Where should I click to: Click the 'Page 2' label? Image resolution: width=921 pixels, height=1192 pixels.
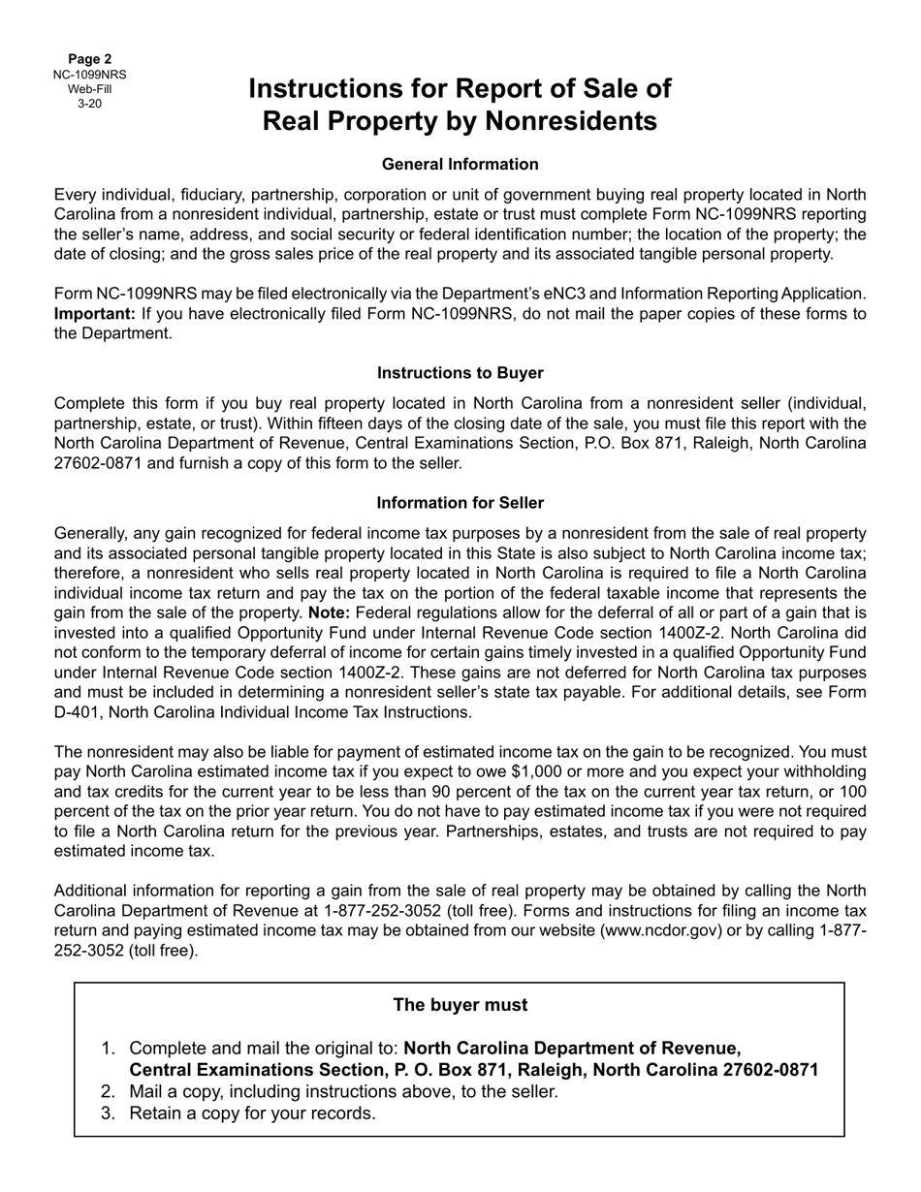pyautogui.click(x=89, y=59)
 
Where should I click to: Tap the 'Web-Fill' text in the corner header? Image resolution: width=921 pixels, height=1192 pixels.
pyautogui.click(x=89, y=89)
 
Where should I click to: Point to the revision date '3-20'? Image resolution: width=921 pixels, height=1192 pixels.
pyautogui.click(x=89, y=104)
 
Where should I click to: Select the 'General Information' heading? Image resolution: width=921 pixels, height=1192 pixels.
pyautogui.click(x=460, y=164)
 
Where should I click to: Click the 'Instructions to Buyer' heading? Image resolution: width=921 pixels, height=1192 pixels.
pyautogui.click(x=460, y=373)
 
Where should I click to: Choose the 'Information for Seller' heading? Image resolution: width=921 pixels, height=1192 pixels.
pyautogui.click(x=460, y=503)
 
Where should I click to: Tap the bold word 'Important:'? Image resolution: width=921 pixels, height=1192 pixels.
pyautogui.click(x=95, y=313)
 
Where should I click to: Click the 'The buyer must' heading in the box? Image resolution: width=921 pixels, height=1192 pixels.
pyautogui.click(x=460, y=1005)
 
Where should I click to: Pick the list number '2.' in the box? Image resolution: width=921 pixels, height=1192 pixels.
pyautogui.click(x=109, y=1092)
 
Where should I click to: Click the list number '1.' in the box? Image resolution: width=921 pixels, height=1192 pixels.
pyautogui.click(x=109, y=1049)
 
